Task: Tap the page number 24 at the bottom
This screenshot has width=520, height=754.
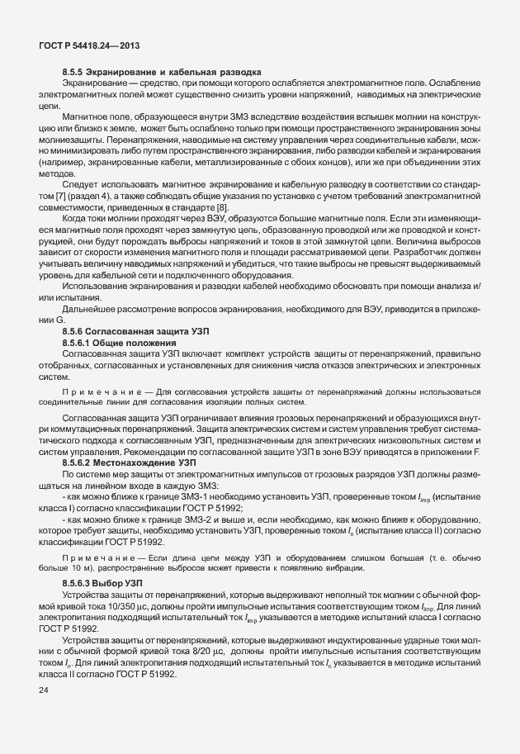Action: (44, 690)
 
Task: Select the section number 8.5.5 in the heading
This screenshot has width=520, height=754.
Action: (73, 72)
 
